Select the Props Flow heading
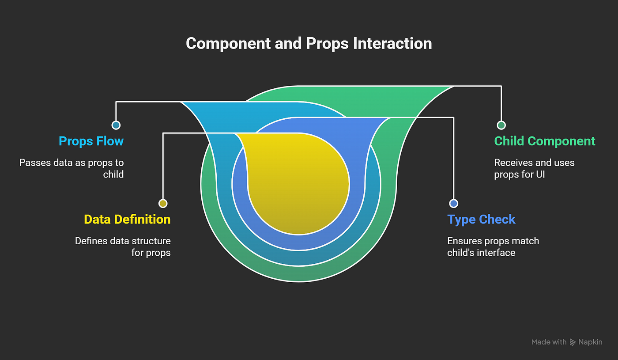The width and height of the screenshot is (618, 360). click(91, 141)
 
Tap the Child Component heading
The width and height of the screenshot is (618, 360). click(545, 141)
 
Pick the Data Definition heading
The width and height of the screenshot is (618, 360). click(127, 220)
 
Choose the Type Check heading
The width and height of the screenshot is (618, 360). click(481, 220)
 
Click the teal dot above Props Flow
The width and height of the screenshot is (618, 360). click(116, 125)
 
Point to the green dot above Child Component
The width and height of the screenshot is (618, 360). click(501, 125)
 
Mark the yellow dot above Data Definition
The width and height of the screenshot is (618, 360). click(163, 203)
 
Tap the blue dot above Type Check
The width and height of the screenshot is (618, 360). click(453, 203)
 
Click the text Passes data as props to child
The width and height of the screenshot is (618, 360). click(72, 168)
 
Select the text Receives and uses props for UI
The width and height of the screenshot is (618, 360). click(534, 168)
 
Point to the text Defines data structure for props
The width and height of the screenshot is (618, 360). click(123, 247)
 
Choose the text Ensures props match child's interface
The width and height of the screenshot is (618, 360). click(493, 247)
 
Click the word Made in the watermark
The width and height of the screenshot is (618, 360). click(541, 342)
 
